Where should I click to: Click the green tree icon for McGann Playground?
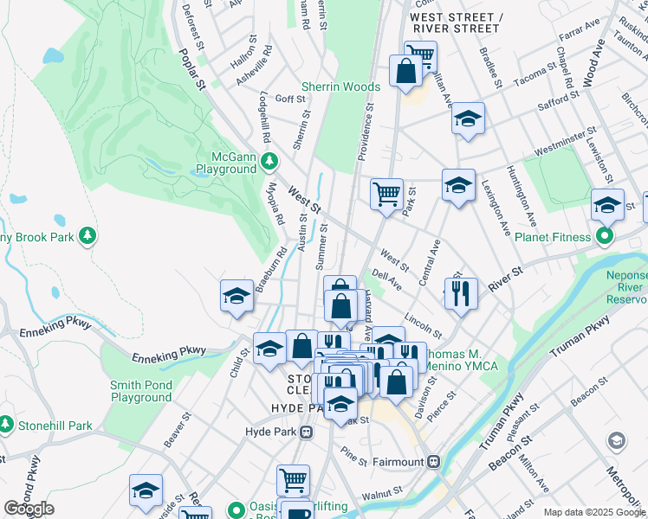click(x=269, y=160)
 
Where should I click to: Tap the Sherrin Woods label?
click(x=340, y=86)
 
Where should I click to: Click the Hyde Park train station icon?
click(x=306, y=431)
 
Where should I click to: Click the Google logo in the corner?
click(x=29, y=509)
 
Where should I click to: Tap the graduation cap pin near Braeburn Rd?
click(x=237, y=297)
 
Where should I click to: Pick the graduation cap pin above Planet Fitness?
click(x=607, y=205)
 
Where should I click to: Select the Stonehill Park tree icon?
click(x=6, y=426)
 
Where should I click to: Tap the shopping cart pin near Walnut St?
click(x=293, y=480)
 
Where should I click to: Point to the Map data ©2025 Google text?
click(x=594, y=512)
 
